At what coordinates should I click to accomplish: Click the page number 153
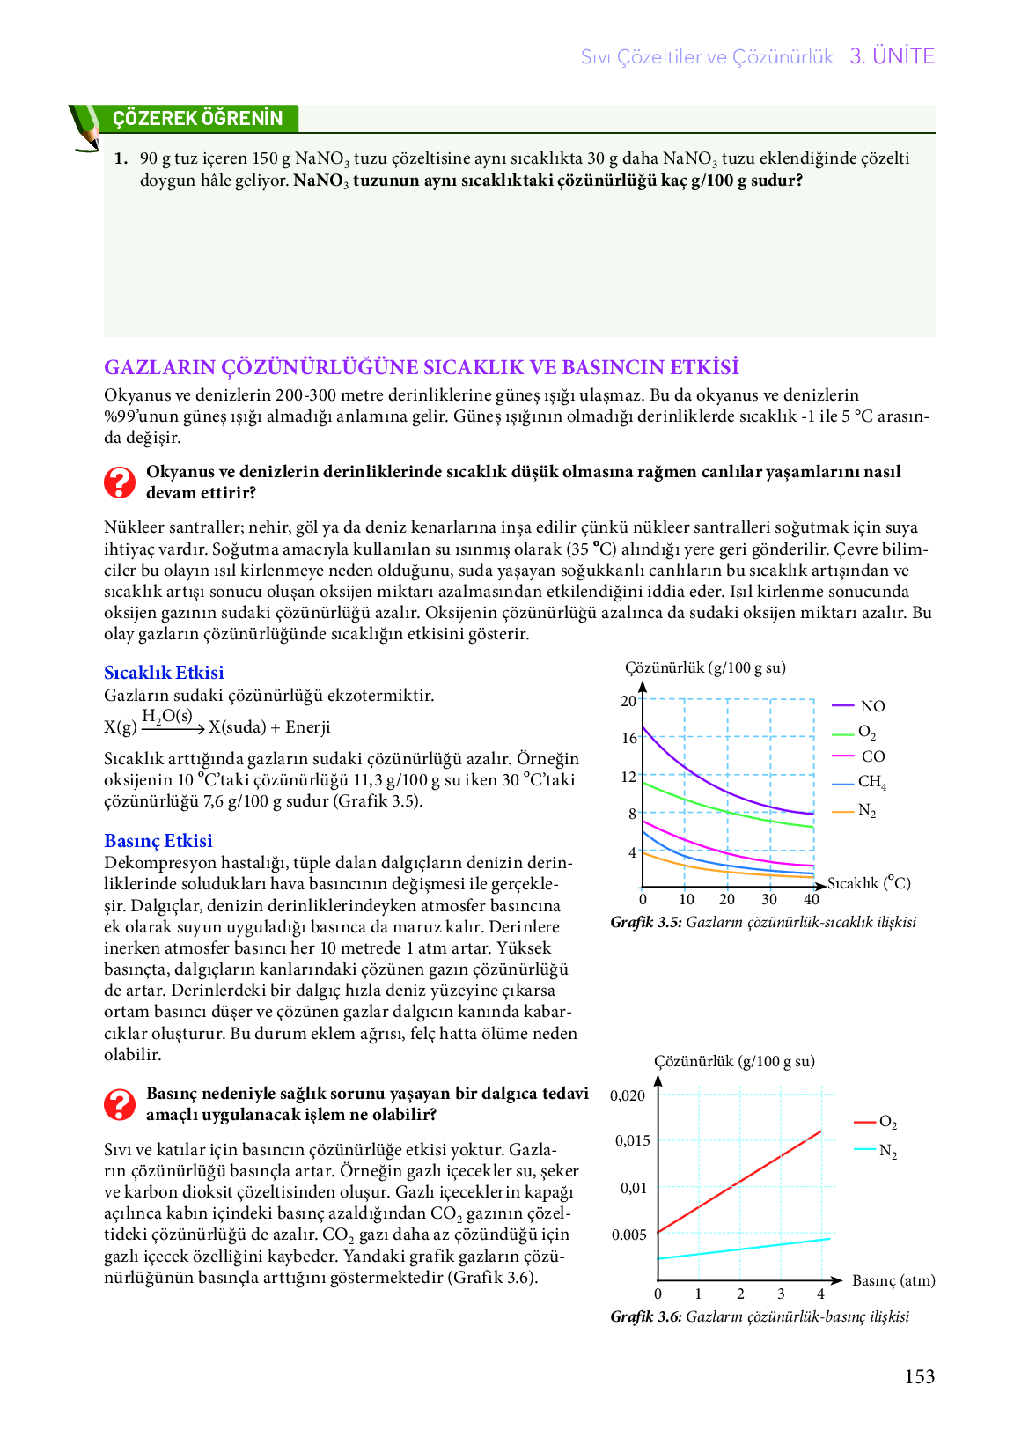click(919, 1377)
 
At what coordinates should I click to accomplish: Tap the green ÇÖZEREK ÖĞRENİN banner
click(198, 118)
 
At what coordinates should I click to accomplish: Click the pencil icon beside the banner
click(86, 129)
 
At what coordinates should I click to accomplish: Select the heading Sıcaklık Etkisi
click(164, 673)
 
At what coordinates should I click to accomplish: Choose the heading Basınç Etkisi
click(158, 841)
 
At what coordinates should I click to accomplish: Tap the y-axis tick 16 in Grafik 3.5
click(629, 738)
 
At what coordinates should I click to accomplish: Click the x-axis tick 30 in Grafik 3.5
click(769, 899)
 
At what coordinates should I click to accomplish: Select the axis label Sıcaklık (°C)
click(869, 883)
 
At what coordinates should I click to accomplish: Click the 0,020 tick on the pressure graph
click(628, 1095)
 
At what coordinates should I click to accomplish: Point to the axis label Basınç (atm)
click(893, 1280)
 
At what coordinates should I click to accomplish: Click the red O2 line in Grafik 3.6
click(739, 1181)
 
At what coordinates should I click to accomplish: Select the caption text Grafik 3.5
click(646, 922)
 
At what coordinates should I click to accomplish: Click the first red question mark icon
click(120, 483)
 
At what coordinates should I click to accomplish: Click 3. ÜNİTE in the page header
click(892, 56)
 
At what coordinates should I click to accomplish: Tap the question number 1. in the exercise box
click(121, 158)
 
